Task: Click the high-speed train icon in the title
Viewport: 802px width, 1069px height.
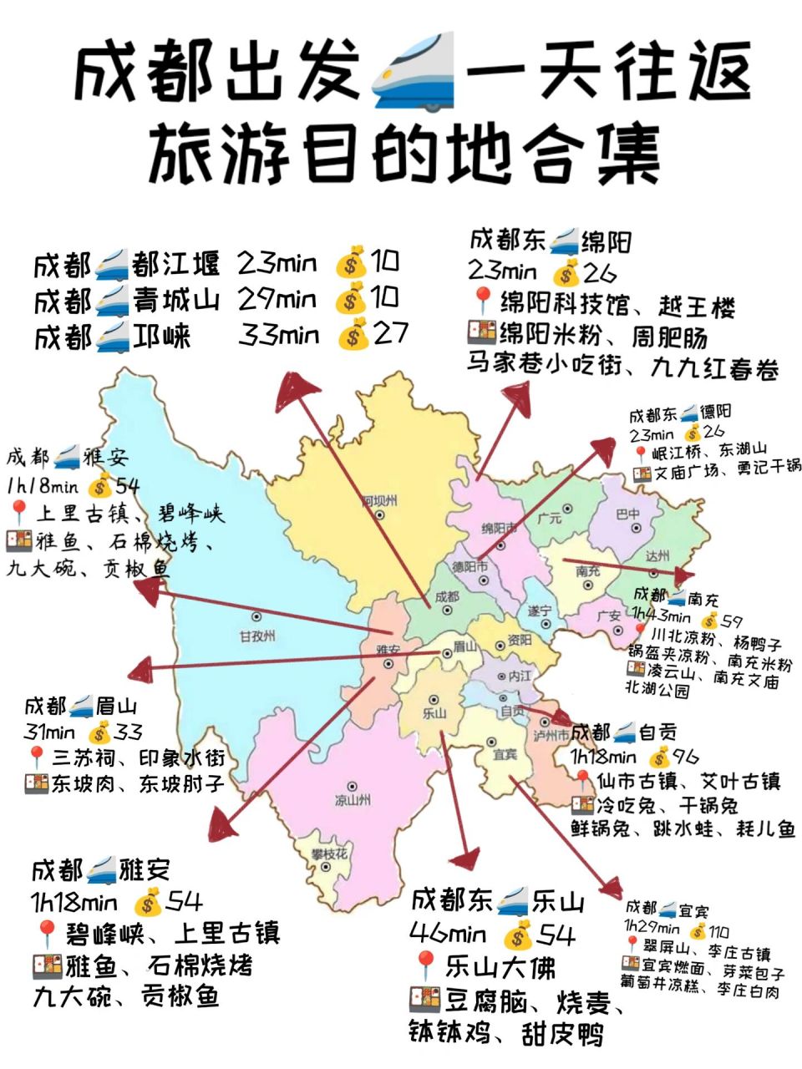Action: [x=415, y=71]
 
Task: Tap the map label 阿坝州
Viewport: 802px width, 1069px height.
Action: [x=379, y=501]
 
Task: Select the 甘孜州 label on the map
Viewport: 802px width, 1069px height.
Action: [x=256, y=636]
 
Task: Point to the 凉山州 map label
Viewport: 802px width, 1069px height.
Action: [x=353, y=800]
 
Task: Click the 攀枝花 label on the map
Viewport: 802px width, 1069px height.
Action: [x=328, y=854]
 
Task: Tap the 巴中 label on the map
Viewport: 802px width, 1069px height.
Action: [x=627, y=514]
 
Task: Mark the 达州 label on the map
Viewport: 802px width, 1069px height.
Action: [x=657, y=556]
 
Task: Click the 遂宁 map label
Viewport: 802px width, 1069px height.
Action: [x=539, y=611]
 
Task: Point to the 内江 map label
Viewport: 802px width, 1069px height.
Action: [x=520, y=676]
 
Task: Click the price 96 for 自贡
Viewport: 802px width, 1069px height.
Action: [x=685, y=757]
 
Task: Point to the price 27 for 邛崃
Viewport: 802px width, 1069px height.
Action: [x=390, y=334]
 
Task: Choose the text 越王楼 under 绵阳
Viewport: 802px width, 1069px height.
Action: [x=696, y=306]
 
